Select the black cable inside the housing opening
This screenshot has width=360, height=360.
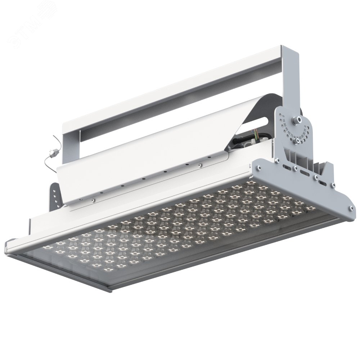click(x=245, y=141)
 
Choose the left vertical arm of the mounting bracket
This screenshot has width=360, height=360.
click(x=71, y=144)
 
